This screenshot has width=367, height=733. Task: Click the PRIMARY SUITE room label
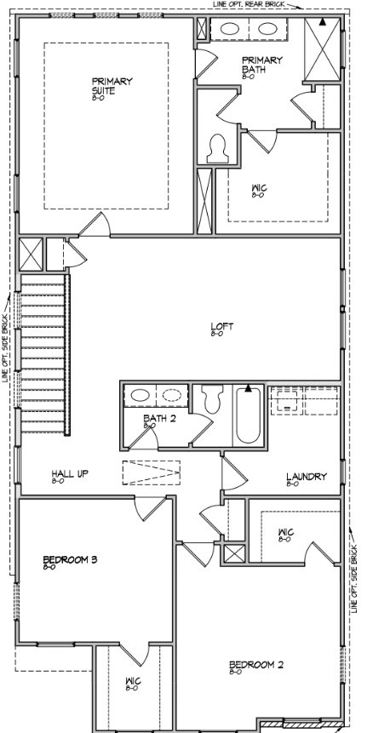(x=112, y=85)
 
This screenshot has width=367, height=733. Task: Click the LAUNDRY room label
(x=304, y=478)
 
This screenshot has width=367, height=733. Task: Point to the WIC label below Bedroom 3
(x=132, y=681)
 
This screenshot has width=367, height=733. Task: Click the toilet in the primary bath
(x=217, y=149)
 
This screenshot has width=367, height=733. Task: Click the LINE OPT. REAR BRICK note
(x=248, y=4)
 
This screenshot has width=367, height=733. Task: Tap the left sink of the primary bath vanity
(x=229, y=28)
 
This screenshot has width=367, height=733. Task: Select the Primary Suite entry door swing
(x=93, y=224)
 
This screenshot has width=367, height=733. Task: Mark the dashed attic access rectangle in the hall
(x=152, y=472)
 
